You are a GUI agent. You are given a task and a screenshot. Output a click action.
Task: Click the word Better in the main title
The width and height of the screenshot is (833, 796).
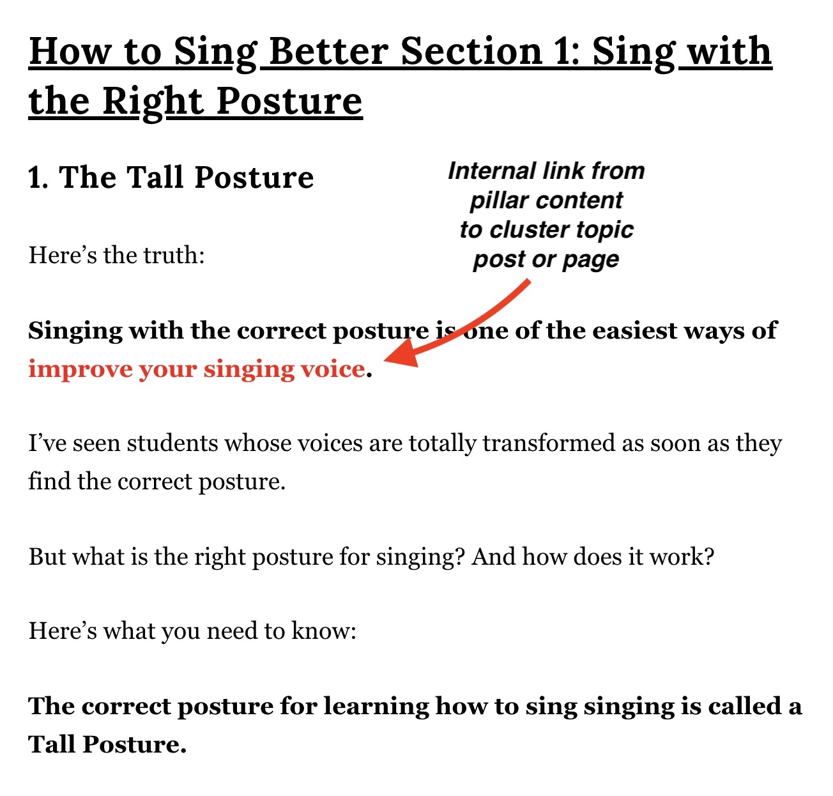[x=329, y=51]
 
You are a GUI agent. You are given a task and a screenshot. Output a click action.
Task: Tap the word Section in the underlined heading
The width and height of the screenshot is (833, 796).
[x=471, y=51]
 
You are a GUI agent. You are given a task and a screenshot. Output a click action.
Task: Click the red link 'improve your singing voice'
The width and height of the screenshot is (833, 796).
[x=197, y=370]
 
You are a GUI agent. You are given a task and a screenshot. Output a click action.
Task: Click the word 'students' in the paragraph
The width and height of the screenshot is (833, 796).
[x=172, y=443]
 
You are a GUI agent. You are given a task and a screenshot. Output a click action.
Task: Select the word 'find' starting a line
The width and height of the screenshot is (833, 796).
[x=49, y=481]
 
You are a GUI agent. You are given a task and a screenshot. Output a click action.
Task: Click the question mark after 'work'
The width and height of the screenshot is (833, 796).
[x=709, y=556]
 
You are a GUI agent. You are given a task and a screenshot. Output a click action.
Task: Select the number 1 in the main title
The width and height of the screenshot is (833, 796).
[x=561, y=51]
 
